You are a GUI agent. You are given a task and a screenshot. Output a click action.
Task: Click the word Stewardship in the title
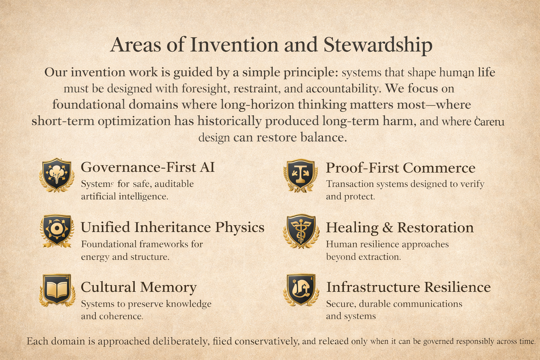[x=378, y=45]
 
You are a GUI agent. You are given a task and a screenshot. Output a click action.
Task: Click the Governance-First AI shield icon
[x=56, y=175]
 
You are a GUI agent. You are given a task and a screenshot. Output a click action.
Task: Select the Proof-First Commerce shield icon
[x=300, y=175]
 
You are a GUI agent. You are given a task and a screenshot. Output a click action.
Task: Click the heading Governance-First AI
[x=148, y=167]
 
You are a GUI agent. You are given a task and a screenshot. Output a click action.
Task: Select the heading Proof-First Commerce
[x=400, y=168]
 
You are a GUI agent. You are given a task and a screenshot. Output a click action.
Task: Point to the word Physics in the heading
[x=240, y=227]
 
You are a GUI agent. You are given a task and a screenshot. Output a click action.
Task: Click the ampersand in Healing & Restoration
[x=387, y=228]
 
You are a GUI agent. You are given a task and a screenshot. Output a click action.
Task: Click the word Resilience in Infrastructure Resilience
[x=457, y=287]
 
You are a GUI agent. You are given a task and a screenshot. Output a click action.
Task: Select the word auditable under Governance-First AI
[x=174, y=184]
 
